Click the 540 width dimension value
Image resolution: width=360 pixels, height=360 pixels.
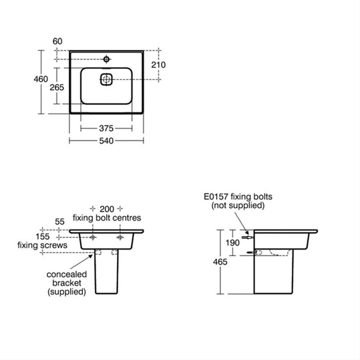pyautogui.click(x=106, y=140)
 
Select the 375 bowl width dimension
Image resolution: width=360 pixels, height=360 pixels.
pyautogui.click(x=106, y=128)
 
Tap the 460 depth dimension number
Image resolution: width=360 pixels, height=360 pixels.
pyautogui.click(x=41, y=79)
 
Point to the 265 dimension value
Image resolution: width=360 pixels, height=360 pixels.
pyautogui.click(x=57, y=87)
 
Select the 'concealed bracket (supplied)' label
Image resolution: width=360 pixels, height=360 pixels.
pyautogui.click(x=67, y=283)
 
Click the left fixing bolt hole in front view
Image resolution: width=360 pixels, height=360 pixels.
pyautogui.click(x=93, y=237)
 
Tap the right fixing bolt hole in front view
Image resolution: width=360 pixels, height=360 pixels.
pyautogui.click(x=120, y=237)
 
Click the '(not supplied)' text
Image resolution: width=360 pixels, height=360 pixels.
pyautogui.click(x=238, y=205)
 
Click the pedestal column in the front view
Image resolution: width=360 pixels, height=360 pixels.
pyautogui.click(x=106, y=273)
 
